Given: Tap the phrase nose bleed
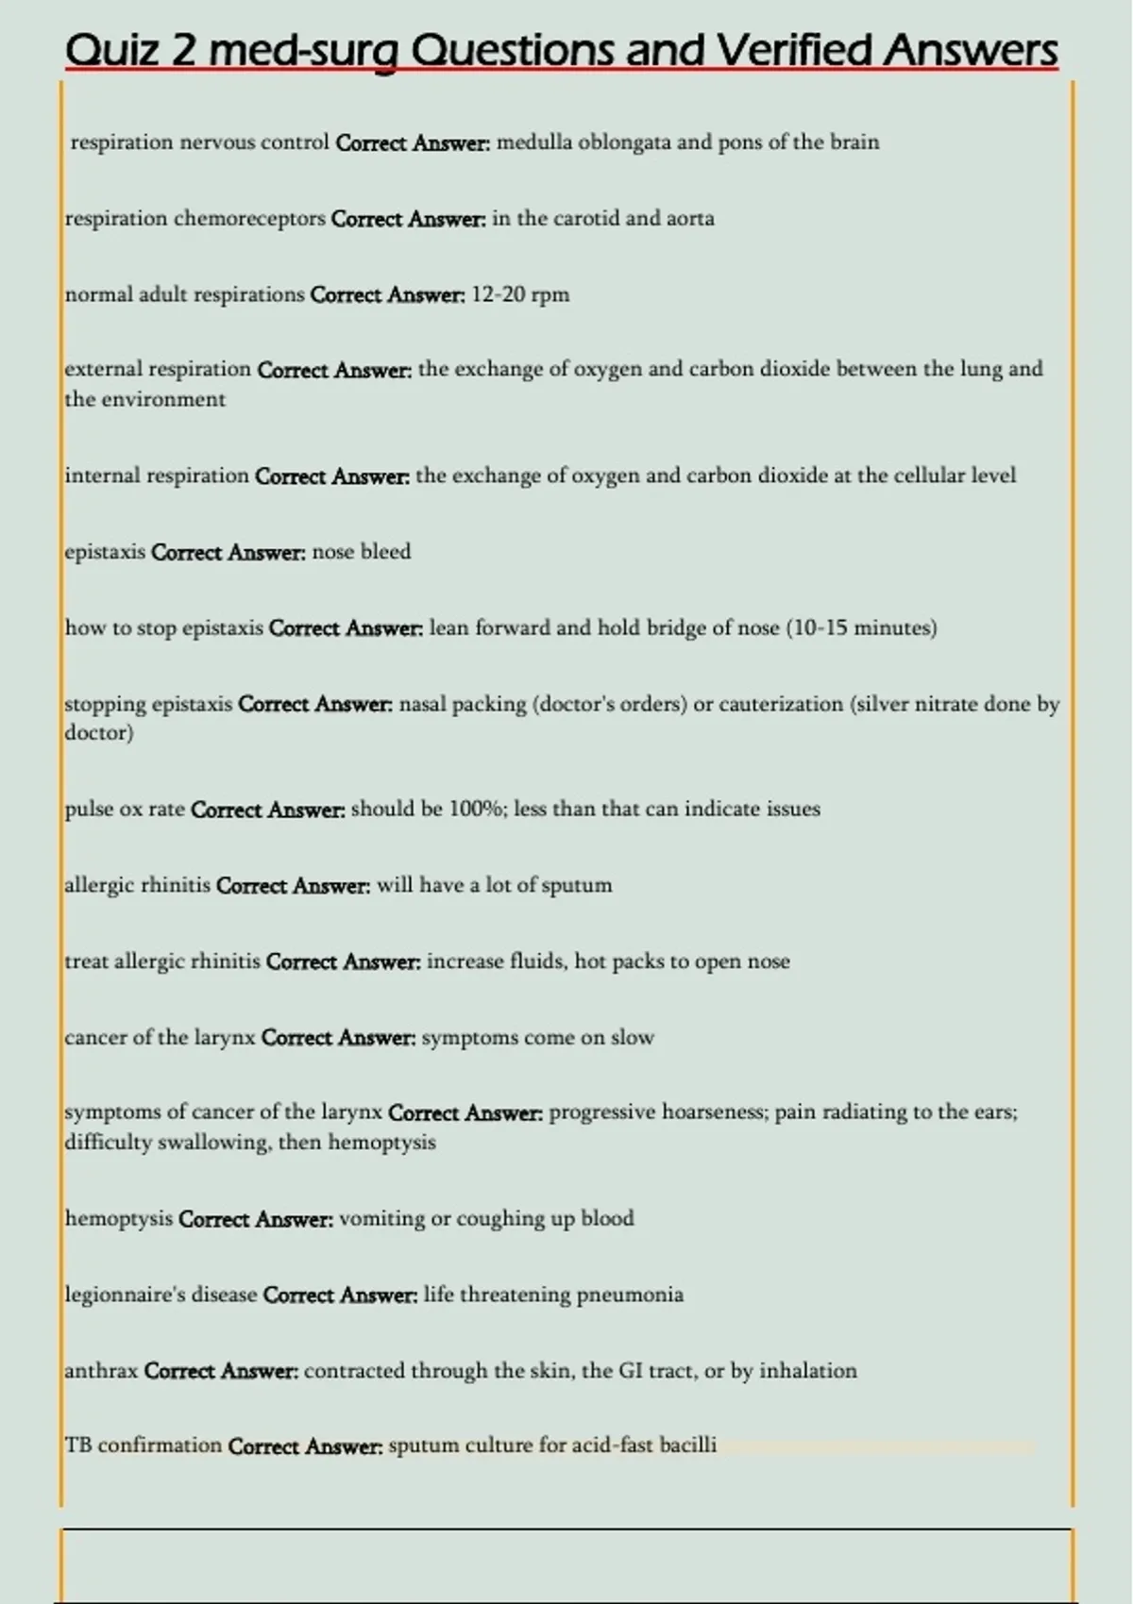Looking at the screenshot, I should pos(361,552).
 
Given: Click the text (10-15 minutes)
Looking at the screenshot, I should pos(861,628).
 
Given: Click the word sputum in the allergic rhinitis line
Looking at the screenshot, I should pos(577,885).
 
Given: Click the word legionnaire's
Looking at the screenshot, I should pos(125,1295).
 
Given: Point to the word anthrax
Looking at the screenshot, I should pos(101,1370).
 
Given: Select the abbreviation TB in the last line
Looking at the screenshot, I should pos(77,1445).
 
